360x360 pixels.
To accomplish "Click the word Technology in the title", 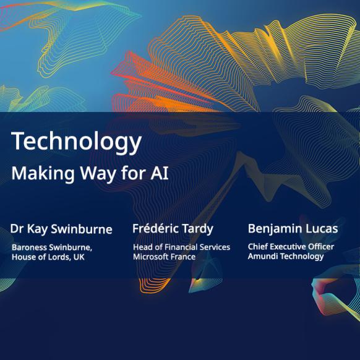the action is [76, 142].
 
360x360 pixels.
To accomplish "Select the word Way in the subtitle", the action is [98, 174].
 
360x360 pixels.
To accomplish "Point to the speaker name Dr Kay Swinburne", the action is [61, 229].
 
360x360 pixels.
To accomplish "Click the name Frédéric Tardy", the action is [173, 229].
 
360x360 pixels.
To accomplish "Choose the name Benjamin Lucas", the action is [293, 229].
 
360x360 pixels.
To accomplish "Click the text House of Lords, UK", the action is [48, 257].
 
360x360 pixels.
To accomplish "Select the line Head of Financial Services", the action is [182, 247].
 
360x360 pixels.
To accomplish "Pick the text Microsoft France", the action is [165, 257].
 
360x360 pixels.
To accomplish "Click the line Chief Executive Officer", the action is [291, 247].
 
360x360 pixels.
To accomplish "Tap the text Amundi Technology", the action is [286, 257].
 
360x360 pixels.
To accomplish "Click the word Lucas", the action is [323, 229].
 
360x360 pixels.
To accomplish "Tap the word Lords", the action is [59, 257].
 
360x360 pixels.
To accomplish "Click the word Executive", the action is [289, 247].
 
